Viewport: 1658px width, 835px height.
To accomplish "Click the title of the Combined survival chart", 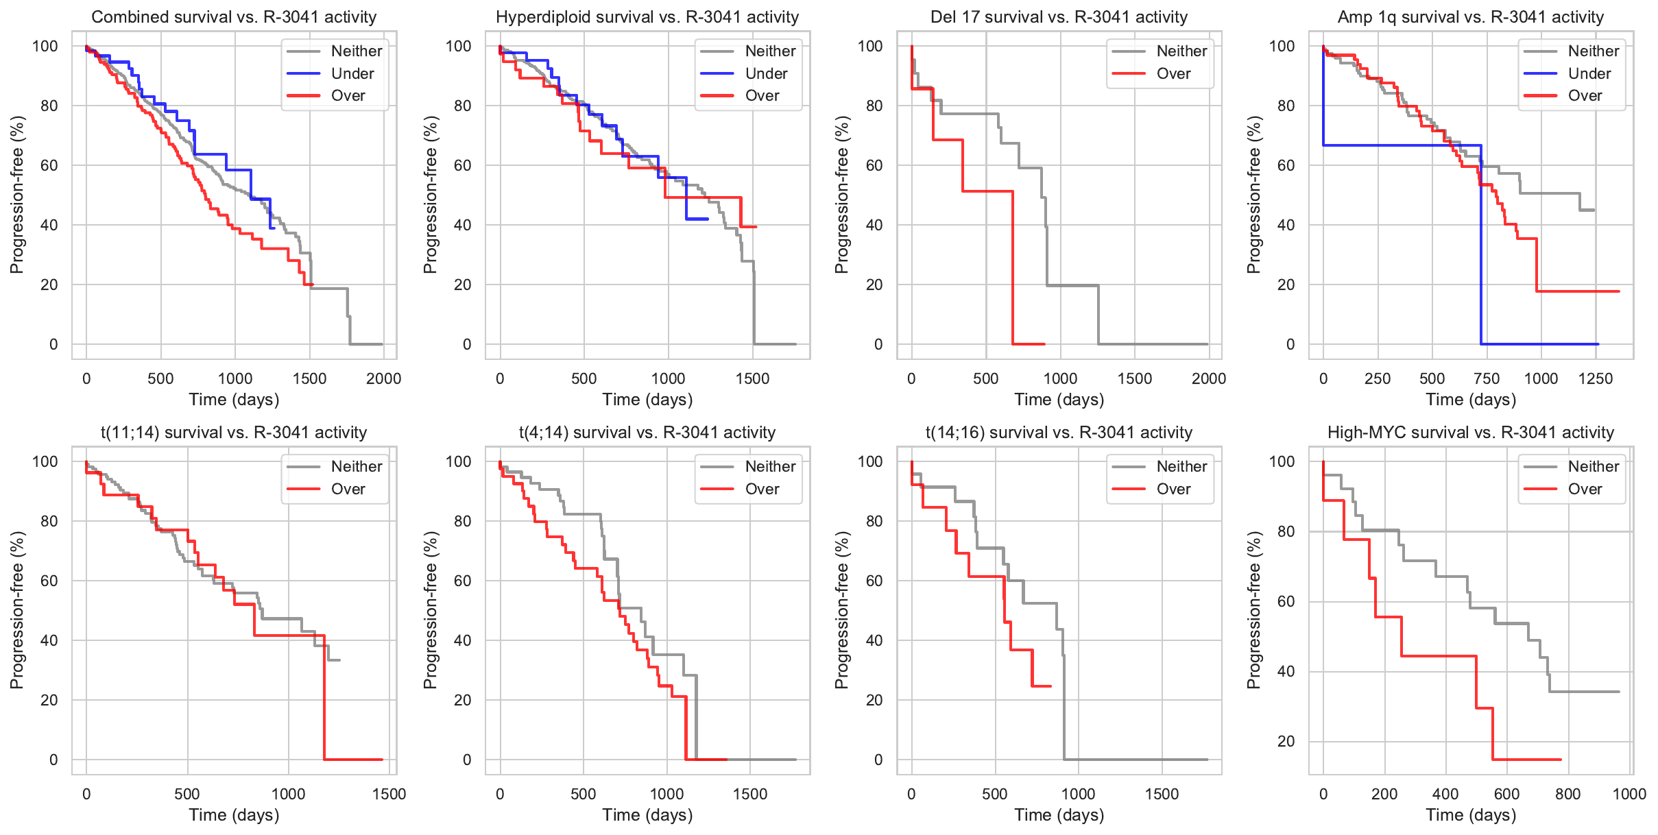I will coord(234,17).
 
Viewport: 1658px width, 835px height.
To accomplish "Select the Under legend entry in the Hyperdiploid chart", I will coord(765,73).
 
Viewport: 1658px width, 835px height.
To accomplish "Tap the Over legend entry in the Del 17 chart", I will coord(1173,73).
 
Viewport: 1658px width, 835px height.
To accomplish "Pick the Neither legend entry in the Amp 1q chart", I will coord(1593,51).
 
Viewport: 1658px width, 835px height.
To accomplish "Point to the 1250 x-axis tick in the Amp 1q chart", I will coord(1595,378).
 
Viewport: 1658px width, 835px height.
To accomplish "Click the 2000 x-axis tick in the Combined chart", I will coord(383,378).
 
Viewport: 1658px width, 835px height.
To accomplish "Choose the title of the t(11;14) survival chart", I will coord(234,433).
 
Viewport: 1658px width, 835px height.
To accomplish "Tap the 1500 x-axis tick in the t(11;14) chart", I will coord(389,794).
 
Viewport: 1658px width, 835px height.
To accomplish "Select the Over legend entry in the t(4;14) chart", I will coord(762,489).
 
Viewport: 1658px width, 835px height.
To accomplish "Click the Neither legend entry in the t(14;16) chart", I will coord(1181,466).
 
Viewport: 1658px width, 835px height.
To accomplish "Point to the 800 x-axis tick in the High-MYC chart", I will coord(1567,794).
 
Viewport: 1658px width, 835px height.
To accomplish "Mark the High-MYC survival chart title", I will coord(1471,433).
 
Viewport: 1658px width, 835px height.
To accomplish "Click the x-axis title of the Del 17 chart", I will coord(1059,400).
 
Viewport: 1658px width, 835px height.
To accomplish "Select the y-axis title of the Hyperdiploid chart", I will coord(430,195).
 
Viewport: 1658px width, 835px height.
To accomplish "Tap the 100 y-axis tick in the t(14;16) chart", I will coord(870,461).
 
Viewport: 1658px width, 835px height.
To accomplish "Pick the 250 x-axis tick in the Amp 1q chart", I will coord(1377,378).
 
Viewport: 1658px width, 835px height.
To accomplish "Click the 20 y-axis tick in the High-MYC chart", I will coord(1286,741).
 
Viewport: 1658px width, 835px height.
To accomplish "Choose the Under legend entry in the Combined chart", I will coord(352,73).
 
